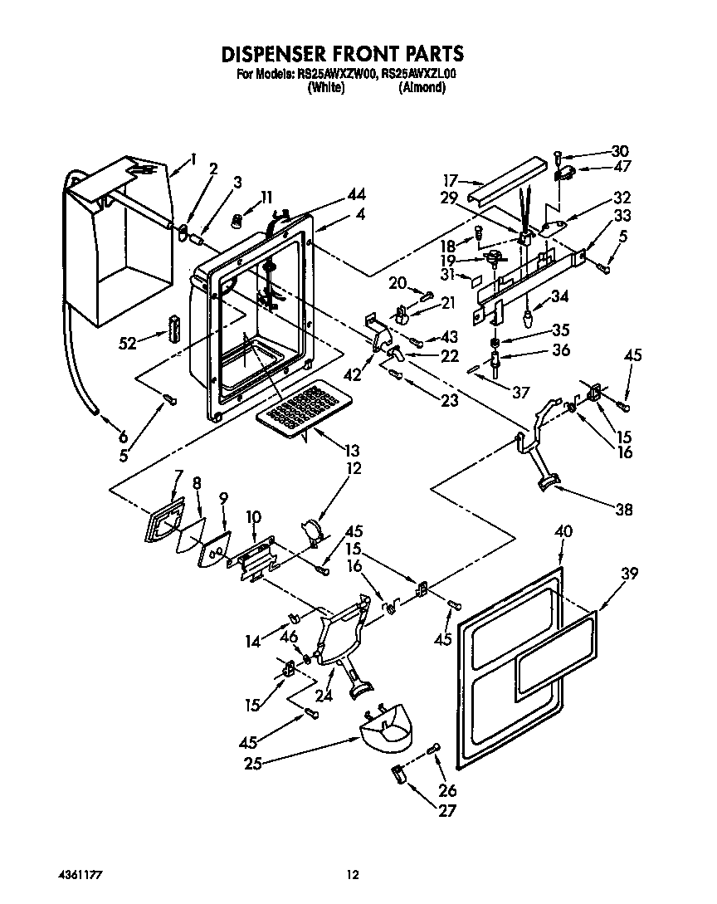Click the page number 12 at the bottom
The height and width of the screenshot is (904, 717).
[x=353, y=875]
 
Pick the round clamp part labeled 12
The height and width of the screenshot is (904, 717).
[x=312, y=533]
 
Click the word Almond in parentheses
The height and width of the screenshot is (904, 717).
[x=422, y=87]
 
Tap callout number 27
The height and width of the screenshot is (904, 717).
[x=448, y=811]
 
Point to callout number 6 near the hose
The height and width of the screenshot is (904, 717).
[x=122, y=437]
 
